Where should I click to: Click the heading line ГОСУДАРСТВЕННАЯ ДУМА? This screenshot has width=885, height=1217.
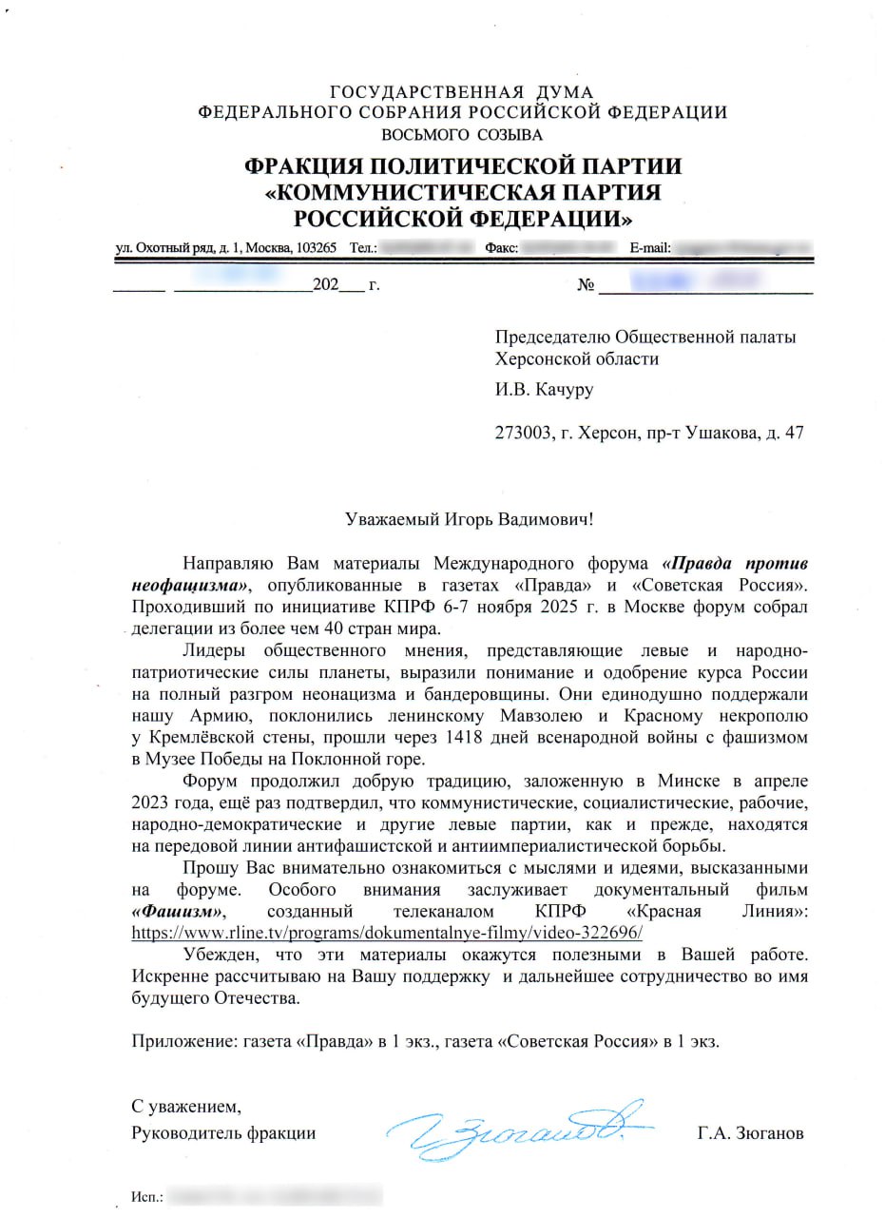462,92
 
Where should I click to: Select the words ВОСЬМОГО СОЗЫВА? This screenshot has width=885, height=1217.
462,134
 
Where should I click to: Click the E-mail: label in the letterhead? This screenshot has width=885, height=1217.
651,248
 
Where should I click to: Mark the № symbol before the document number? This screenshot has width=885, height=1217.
586,285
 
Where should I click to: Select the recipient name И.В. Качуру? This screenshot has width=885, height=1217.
544,390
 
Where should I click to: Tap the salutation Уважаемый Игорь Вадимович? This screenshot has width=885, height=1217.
472,519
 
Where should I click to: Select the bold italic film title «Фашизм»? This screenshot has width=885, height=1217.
183,912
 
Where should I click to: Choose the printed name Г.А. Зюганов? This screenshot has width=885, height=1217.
750,1133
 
